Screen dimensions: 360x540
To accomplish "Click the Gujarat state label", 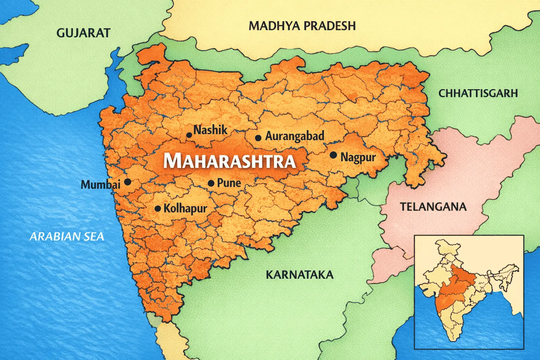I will pyautogui.click(x=83, y=33).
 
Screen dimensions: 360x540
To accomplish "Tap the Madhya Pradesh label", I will pyautogui.click(x=302, y=26).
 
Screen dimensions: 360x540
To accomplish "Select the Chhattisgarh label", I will pyautogui.click(x=478, y=93).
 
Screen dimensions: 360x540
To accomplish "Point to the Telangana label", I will pyautogui.click(x=433, y=207).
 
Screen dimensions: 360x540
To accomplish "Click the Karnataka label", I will pyautogui.click(x=300, y=275).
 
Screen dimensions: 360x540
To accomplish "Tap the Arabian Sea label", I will pyautogui.click(x=67, y=237).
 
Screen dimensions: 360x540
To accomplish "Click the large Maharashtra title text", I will pyautogui.click(x=229, y=161).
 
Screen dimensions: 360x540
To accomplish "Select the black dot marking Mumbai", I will pyautogui.click(x=128, y=182).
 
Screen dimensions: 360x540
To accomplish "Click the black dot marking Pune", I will pyautogui.click(x=211, y=184).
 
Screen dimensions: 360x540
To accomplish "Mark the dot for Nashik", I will pyautogui.click(x=189, y=135).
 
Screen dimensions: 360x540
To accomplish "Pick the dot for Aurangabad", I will pyautogui.click(x=258, y=138).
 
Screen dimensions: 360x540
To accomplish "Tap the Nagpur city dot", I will pyautogui.click(x=333, y=155).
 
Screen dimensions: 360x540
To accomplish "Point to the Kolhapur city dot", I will pyautogui.click(x=158, y=209).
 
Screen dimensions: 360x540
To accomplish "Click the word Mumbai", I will pyautogui.click(x=101, y=185).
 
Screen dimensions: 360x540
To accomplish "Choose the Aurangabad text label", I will pyautogui.click(x=295, y=136).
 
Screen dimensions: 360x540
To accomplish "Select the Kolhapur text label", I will pyautogui.click(x=185, y=208).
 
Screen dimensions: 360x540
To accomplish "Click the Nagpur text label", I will pyautogui.click(x=358, y=157).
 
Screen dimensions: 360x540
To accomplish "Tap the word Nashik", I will pyautogui.click(x=211, y=130).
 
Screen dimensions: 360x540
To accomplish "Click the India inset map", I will pyautogui.click(x=469, y=292).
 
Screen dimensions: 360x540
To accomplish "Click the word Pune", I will pyautogui.click(x=229, y=183).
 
